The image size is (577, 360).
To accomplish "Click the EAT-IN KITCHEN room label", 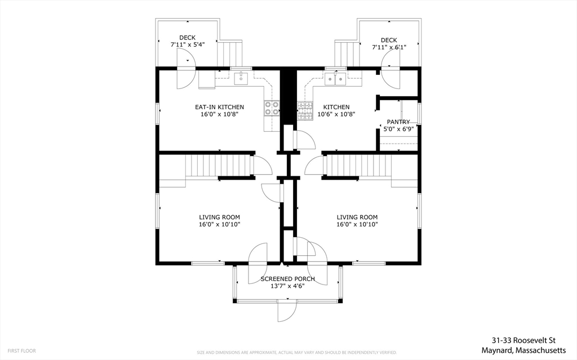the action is (219, 107).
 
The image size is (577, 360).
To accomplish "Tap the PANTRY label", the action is (398, 122).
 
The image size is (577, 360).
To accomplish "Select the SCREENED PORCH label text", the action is (288, 279).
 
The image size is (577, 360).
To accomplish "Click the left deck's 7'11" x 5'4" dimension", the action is (187, 45).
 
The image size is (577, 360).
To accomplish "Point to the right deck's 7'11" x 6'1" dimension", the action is (389, 47).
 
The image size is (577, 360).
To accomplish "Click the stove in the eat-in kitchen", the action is (272, 108).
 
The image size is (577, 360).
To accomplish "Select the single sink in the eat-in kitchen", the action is (241, 78).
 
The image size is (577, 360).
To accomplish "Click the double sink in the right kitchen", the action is (335, 79).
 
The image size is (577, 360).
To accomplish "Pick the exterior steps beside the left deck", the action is (230, 54).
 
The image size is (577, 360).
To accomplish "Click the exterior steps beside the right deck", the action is (347, 54).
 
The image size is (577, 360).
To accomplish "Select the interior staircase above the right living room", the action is (359, 166).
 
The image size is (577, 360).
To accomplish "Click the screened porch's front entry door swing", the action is (287, 311).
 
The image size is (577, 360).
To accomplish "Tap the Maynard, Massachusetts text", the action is (523, 350).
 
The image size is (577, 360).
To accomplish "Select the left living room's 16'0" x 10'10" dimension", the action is (219, 224).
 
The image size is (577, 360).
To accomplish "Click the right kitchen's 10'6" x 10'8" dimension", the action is (336, 114).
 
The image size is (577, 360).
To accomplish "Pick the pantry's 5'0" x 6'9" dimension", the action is (398, 129).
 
